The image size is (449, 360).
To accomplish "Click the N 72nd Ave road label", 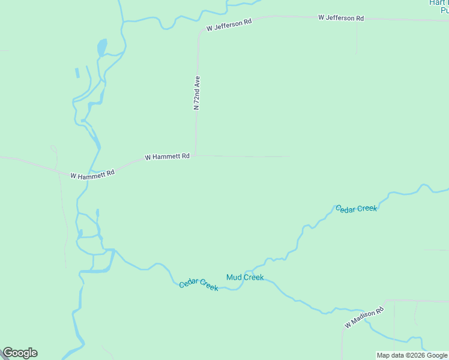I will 196,93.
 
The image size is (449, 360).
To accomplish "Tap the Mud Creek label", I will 245,277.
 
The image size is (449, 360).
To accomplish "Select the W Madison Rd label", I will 364,319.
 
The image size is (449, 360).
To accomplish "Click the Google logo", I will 20,353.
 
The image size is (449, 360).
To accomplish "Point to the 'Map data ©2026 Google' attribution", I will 412,355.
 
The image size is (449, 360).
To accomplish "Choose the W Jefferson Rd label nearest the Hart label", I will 341,18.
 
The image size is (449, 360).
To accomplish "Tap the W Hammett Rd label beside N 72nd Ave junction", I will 167,157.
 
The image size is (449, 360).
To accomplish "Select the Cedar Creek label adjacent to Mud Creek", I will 199,284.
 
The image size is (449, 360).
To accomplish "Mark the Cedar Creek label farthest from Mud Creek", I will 357,208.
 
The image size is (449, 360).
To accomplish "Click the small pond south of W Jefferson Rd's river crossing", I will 102,47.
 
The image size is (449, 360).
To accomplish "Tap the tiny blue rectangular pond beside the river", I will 77,73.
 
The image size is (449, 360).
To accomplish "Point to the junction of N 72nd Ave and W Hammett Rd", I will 195,155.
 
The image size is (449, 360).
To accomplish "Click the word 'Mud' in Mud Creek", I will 234,277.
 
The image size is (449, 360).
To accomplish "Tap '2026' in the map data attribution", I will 414,355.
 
